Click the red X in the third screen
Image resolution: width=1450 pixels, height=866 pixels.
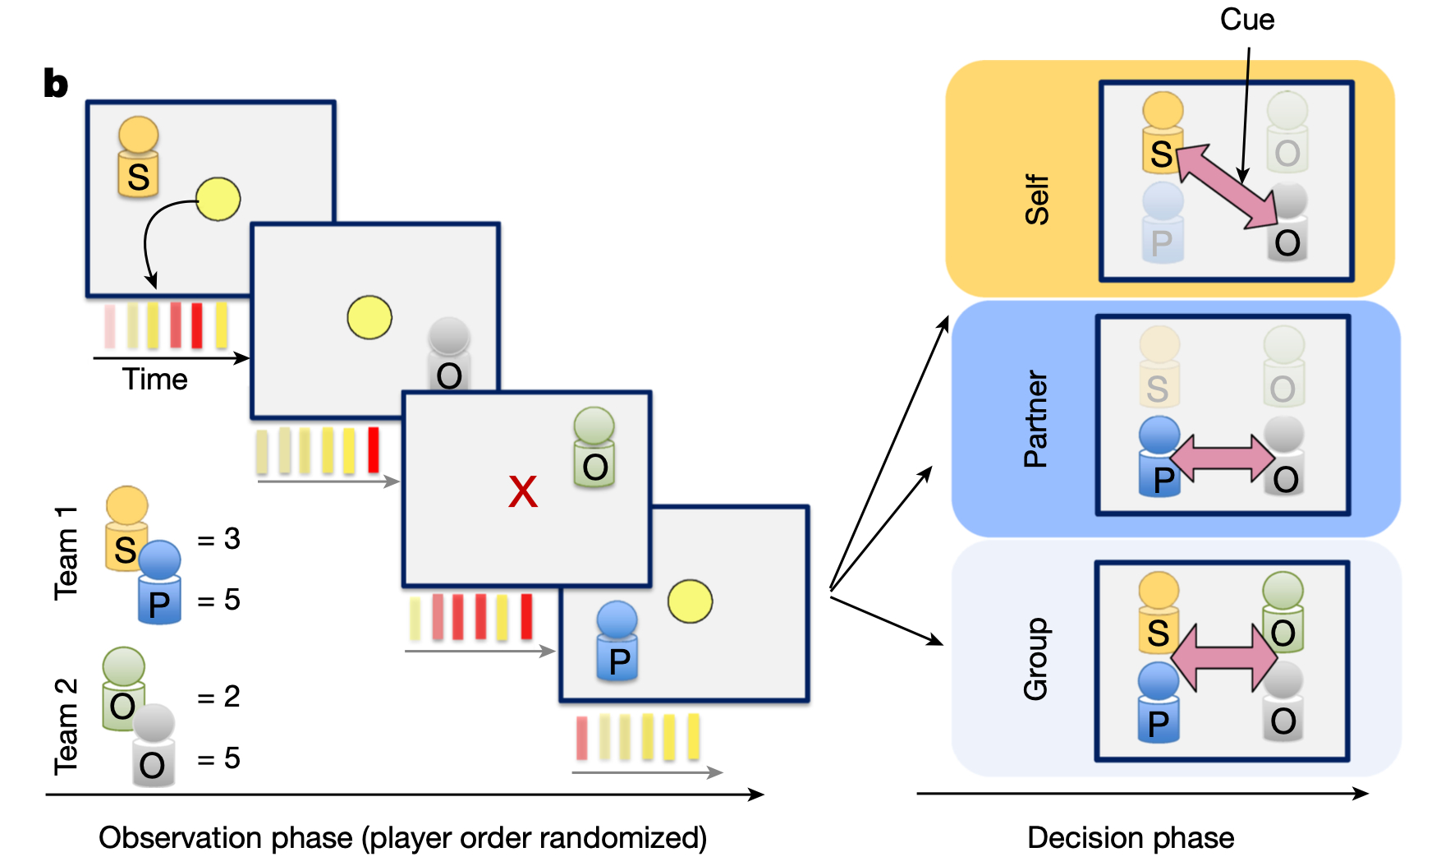[x=523, y=492]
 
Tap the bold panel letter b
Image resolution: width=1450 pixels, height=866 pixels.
[x=56, y=84]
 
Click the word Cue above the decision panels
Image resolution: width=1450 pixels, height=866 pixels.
[x=1246, y=20]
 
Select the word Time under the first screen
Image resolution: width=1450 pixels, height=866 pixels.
[x=154, y=380]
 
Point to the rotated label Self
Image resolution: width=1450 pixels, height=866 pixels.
[x=1037, y=200]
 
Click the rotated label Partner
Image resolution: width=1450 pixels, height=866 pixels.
[x=1036, y=419]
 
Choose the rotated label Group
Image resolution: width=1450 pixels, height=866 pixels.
[x=1036, y=659]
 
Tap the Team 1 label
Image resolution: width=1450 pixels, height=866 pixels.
[x=66, y=553]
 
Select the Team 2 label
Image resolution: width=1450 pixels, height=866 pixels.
[x=66, y=726]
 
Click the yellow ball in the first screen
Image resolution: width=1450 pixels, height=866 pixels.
[x=218, y=200]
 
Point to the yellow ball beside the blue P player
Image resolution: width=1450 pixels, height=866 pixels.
[x=690, y=601]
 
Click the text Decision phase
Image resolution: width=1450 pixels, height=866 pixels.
[x=1131, y=838]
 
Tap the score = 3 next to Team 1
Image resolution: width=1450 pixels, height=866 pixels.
[x=219, y=539]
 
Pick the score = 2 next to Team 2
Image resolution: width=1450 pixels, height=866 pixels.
[x=219, y=697]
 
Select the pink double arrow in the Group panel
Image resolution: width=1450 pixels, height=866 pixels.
[x=1223, y=657]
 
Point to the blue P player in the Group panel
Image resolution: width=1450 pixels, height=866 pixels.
[x=1159, y=702]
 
